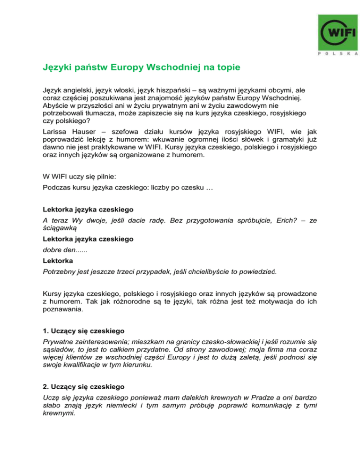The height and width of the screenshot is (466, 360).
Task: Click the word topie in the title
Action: [227, 68]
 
